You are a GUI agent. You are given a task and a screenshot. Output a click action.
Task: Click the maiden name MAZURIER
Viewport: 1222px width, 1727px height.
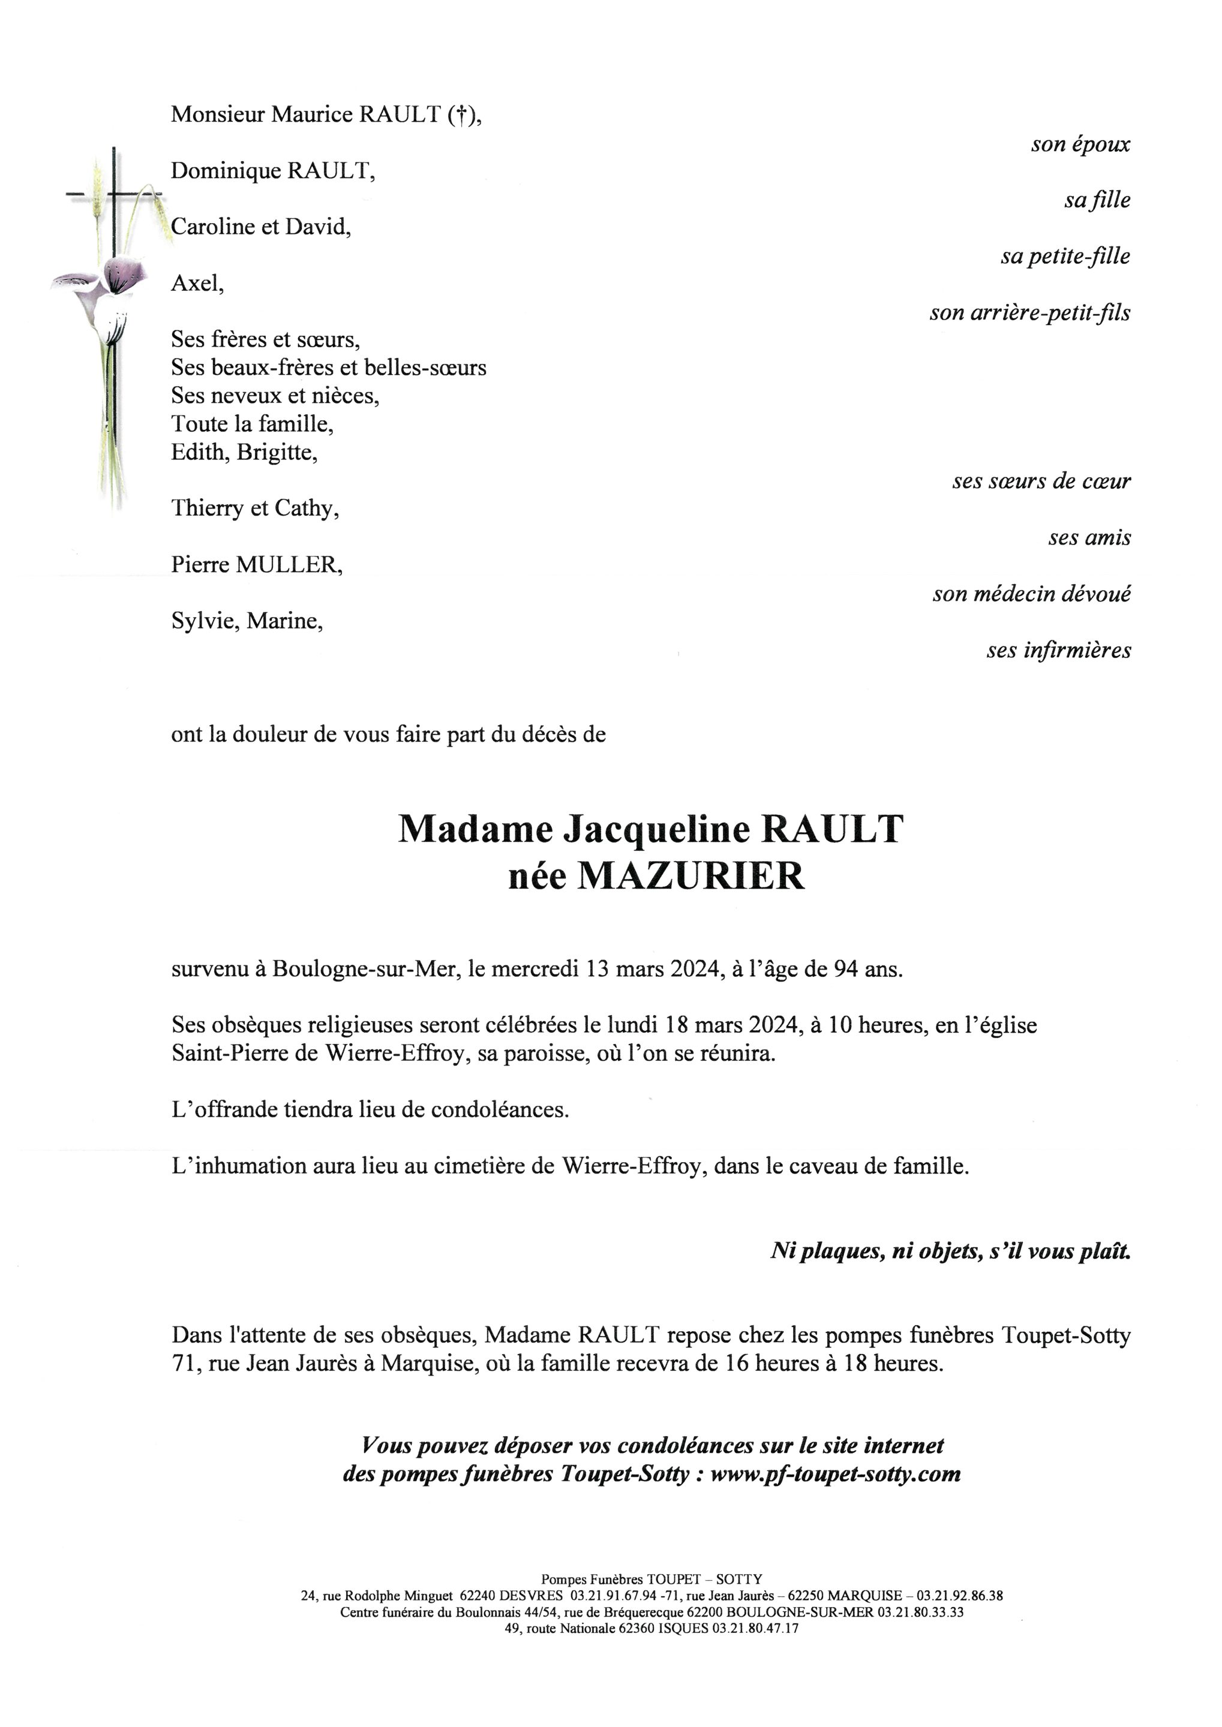tap(690, 875)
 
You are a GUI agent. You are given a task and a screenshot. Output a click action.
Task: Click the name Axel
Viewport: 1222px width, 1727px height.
tap(196, 284)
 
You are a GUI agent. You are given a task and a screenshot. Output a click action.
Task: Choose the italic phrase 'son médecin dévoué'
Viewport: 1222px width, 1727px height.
tap(1031, 594)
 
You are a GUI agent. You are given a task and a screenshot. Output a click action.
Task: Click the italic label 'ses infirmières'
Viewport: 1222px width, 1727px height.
tap(1058, 651)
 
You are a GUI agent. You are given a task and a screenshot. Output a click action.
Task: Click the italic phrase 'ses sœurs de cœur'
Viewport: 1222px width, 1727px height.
tap(1041, 482)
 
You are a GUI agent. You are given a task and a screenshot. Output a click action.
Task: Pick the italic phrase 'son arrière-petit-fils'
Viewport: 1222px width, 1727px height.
tap(1029, 313)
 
